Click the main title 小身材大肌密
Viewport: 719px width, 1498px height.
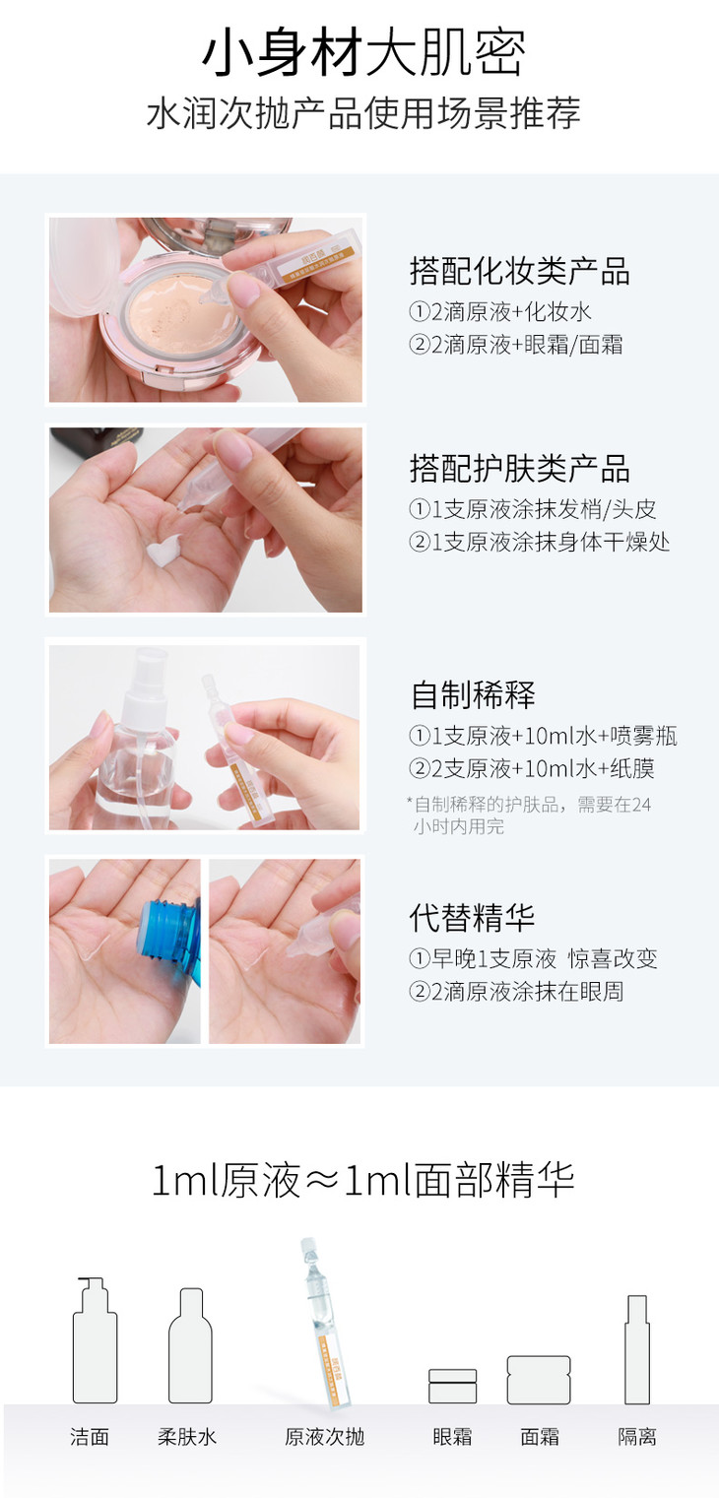(x=363, y=53)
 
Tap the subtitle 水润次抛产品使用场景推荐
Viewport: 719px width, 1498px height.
(x=363, y=112)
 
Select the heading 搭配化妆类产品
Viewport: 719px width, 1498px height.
(x=520, y=271)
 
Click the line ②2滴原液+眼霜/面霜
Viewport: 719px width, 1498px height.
(x=516, y=345)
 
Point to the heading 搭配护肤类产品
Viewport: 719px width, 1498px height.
(x=520, y=468)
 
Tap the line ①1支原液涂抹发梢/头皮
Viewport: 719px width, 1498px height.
(x=533, y=509)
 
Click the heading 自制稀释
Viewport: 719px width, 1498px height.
(x=473, y=694)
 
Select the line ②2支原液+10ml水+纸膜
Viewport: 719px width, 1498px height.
(x=532, y=768)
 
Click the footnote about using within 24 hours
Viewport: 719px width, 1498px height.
(x=528, y=815)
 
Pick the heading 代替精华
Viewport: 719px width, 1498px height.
(x=472, y=917)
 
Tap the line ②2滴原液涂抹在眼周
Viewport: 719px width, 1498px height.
(x=516, y=991)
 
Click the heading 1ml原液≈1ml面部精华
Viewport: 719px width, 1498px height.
(x=363, y=1180)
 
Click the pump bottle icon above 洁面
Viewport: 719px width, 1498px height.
(x=95, y=1339)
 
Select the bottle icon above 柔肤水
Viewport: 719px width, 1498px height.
(x=190, y=1345)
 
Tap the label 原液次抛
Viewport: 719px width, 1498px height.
(x=324, y=1437)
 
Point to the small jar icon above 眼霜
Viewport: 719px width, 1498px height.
(x=453, y=1385)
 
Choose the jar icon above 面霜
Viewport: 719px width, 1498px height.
(x=539, y=1380)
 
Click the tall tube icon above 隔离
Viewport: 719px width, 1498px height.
(x=636, y=1349)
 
